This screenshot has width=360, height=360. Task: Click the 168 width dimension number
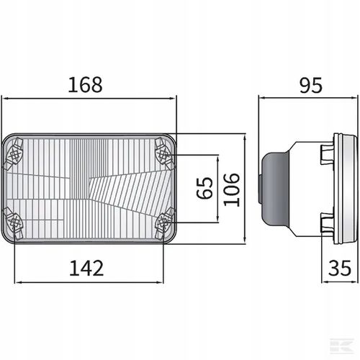(x=85, y=85)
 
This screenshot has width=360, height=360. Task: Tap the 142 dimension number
(x=86, y=268)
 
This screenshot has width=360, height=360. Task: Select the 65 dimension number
(x=204, y=188)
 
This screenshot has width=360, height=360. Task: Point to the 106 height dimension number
(x=232, y=189)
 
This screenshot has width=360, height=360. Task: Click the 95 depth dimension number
(x=310, y=85)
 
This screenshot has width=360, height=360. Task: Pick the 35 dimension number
(x=340, y=268)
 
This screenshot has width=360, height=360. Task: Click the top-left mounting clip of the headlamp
(x=13, y=153)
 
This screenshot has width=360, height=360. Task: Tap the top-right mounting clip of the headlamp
(x=165, y=153)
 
